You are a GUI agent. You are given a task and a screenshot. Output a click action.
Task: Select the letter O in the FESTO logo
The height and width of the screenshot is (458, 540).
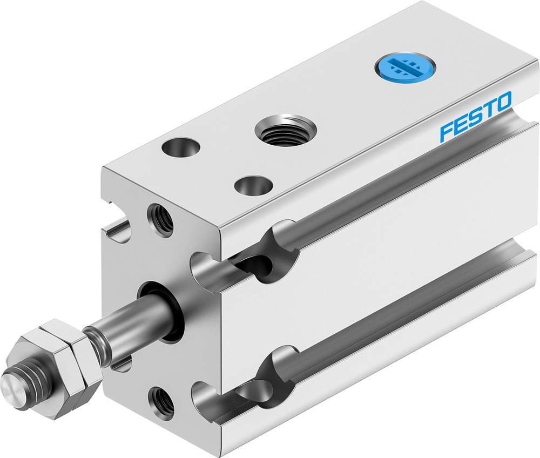502,103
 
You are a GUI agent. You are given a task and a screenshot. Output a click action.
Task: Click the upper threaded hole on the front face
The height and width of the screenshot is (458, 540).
161,218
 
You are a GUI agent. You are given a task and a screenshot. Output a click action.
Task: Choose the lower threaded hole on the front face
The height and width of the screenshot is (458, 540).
162,402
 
